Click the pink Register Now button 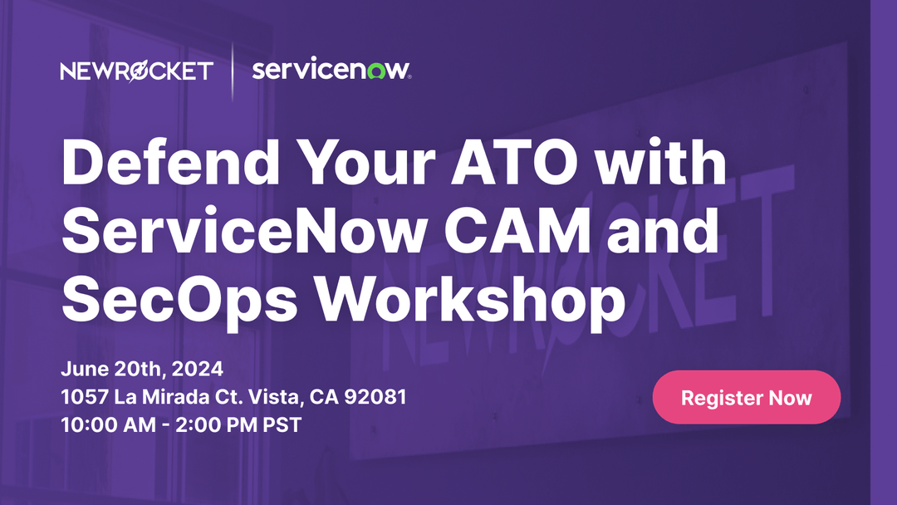pyautogui.click(x=746, y=397)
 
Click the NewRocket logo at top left pyautogui.click(x=136, y=71)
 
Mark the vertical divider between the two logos pyautogui.click(x=233, y=71)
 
